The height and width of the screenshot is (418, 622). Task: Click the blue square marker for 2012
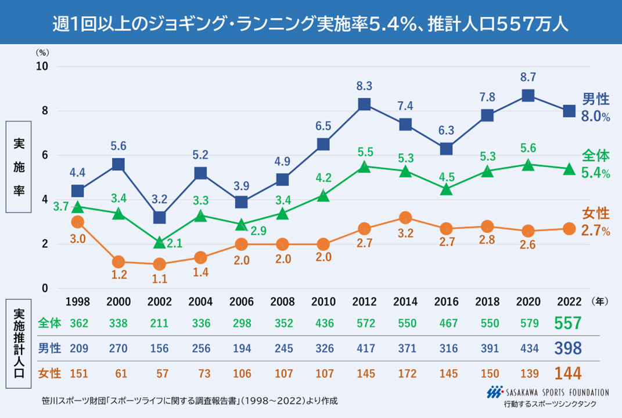(364, 105)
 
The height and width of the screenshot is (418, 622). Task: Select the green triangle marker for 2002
(160, 242)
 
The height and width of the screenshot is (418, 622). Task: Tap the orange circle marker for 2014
(405, 218)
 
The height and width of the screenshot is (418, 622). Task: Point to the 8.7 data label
(527, 77)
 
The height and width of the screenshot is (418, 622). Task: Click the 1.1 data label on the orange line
(160, 278)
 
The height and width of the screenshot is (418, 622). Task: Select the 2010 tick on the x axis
(323, 302)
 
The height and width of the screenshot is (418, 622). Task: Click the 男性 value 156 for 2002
(160, 348)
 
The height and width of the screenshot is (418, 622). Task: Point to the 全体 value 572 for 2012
(364, 323)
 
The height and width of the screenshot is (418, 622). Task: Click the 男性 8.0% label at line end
(595, 109)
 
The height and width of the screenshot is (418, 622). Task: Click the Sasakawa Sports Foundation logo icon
(494, 392)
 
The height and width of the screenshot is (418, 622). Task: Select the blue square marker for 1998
(77, 191)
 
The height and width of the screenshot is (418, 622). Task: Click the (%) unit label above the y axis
(42, 53)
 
